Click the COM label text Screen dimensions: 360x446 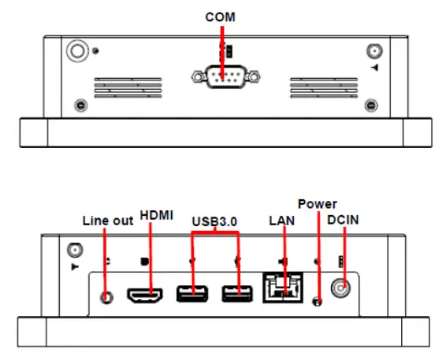[x=222, y=17]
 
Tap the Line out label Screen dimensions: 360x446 [x=108, y=221]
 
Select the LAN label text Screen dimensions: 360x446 [x=281, y=221]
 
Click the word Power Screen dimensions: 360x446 [x=317, y=204]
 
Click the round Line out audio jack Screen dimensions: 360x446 [x=108, y=295]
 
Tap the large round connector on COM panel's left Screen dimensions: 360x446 [x=76, y=51]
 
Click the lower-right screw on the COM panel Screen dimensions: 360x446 [x=371, y=106]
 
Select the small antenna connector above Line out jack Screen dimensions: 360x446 [x=73, y=251]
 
